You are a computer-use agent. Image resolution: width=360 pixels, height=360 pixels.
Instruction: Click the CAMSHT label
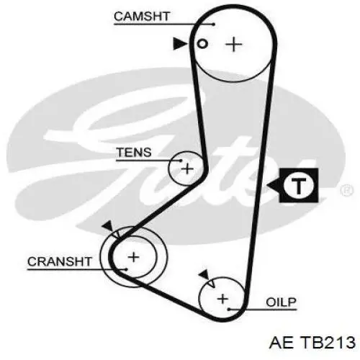(142, 17)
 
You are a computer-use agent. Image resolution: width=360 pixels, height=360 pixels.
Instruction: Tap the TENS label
(134, 152)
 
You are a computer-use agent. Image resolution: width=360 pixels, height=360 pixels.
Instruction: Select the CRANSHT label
(60, 261)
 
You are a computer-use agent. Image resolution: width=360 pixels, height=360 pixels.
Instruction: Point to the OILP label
(281, 302)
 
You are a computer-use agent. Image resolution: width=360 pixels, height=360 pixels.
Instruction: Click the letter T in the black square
(299, 186)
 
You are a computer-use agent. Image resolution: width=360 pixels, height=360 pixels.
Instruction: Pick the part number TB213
(328, 342)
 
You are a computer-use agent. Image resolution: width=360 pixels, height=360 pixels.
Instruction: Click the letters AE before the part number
(282, 342)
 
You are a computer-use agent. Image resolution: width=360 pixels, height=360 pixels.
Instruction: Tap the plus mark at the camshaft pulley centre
(234, 44)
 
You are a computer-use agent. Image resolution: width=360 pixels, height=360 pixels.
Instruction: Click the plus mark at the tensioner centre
(187, 169)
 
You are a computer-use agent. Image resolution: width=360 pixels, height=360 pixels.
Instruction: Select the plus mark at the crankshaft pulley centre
(134, 257)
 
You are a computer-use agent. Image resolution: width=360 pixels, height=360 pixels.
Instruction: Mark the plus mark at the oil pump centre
(222, 299)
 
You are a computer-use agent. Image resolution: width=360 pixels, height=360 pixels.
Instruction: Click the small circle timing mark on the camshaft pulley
(202, 44)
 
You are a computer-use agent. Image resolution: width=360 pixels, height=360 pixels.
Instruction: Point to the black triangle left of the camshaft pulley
(180, 43)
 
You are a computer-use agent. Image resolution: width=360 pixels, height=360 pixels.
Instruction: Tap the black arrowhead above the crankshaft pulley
(108, 226)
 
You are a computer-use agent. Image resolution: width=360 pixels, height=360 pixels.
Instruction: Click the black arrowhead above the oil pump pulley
(204, 274)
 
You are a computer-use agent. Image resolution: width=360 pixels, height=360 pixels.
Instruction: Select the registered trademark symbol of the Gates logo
(347, 190)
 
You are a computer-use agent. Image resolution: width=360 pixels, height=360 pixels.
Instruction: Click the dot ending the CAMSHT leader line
(214, 24)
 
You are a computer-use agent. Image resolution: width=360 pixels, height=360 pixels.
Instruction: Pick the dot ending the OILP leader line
(229, 310)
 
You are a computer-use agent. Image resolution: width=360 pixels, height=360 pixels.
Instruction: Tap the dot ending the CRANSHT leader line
(125, 269)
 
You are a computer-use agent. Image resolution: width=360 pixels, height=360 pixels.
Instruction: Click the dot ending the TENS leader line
(181, 161)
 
